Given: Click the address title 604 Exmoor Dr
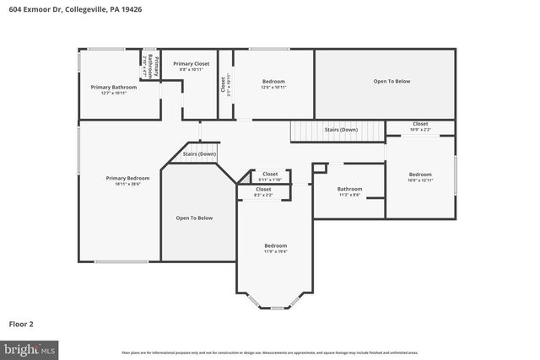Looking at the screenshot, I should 64,10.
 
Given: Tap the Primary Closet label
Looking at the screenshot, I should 191,63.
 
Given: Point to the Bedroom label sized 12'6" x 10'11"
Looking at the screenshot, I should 273,82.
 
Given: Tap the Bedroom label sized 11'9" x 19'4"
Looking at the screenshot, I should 276,245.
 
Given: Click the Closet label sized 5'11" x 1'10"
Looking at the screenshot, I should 270,174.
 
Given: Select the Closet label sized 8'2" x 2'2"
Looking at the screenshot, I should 263,189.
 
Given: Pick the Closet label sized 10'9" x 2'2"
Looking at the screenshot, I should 420,124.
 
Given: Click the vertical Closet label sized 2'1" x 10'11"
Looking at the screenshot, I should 224,84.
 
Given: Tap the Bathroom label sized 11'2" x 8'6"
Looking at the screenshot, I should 349,189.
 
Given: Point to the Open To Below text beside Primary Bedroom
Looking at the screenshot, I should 194,218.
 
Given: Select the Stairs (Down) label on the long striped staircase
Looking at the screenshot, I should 341,129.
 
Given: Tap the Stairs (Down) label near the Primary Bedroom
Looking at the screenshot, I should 200,154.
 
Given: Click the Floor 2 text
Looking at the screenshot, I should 21,323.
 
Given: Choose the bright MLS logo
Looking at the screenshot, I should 29,348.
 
